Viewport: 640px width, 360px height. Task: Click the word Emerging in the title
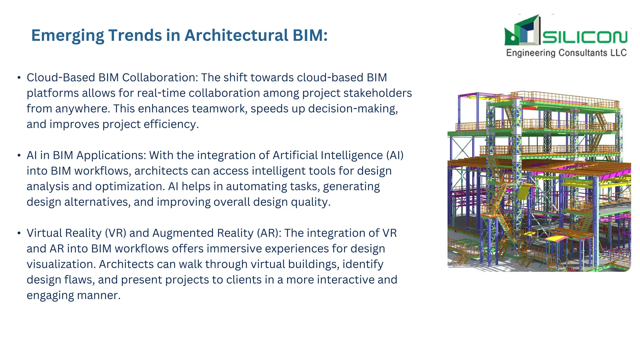click(67, 35)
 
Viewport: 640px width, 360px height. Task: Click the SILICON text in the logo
click(585, 37)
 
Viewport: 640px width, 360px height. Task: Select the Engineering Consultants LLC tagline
click(566, 53)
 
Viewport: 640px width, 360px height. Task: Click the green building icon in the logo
click(522, 31)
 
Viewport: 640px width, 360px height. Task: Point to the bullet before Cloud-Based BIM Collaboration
click(19, 77)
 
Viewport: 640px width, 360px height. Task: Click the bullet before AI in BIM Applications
click(19, 155)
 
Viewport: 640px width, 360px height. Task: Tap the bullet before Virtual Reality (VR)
click(19, 233)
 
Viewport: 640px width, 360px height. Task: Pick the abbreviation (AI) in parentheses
click(395, 155)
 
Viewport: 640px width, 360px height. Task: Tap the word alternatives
click(97, 202)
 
